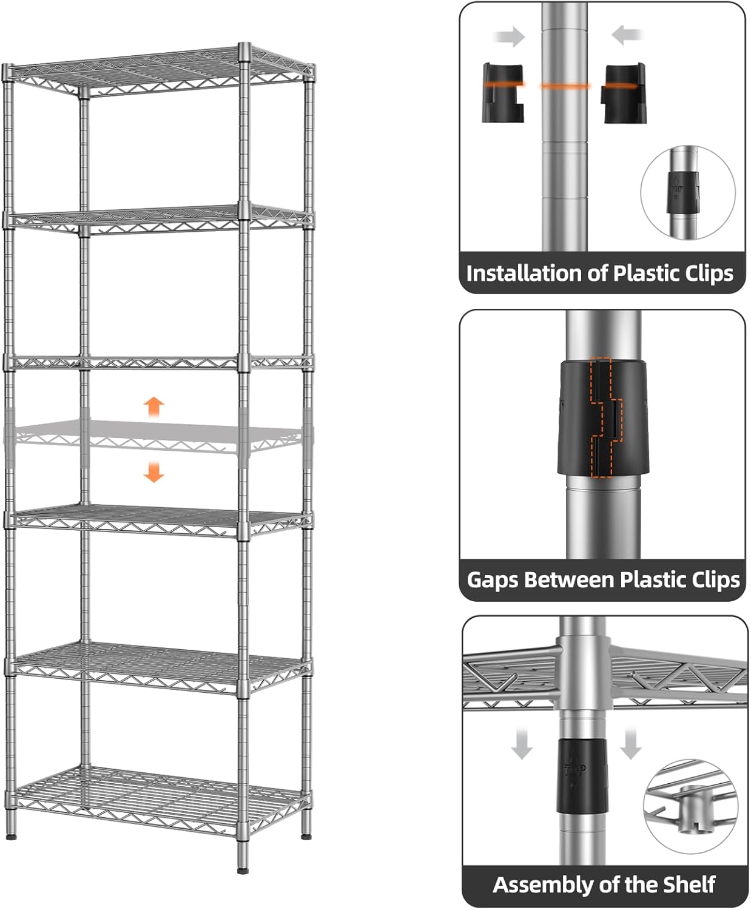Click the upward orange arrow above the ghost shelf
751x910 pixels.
tap(154, 406)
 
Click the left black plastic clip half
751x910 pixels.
tap(503, 92)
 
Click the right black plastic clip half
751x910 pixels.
tap(622, 93)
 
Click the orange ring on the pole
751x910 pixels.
tap(565, 86)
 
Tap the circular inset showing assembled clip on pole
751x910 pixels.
tap(688, 192)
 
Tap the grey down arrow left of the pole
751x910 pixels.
tap(521, 744)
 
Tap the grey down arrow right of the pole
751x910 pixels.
tap(631, 744)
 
